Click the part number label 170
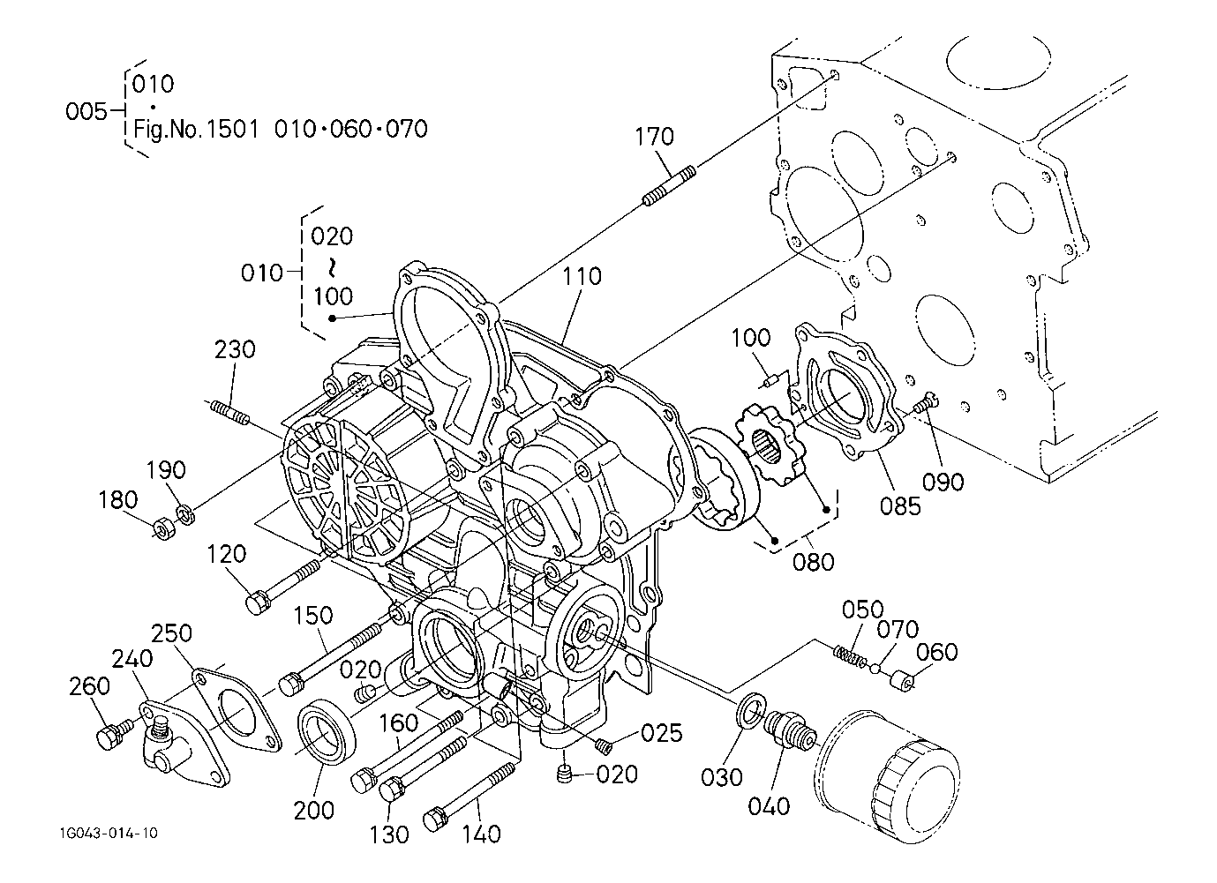pyautogui.click(x=655, y=137)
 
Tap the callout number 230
pyautogui.click(x=235, y=349)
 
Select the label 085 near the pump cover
pyautogui.click(x=901, y=506)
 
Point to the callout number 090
pyautogui.click(x=943, y=482)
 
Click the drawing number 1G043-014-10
pyautogui.click(x=109, y=833)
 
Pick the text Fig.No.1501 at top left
pyautogui.click(x=196, y=130)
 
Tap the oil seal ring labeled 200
pyautogui.click(x=326, y=732)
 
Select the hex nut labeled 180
pyautogui.click(x=165, y=528)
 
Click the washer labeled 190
pyautogui.click(x=186, y=513)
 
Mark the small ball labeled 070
pyautogui.click(x=875, y=669)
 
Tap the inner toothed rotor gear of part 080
pyautogui.click(x=769, y=450)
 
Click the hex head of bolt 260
pyautogui.click(x=109, y=738)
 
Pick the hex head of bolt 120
pyautogui.click(x=258, y=601)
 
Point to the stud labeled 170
pyautogui.click(x=669, y=186)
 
